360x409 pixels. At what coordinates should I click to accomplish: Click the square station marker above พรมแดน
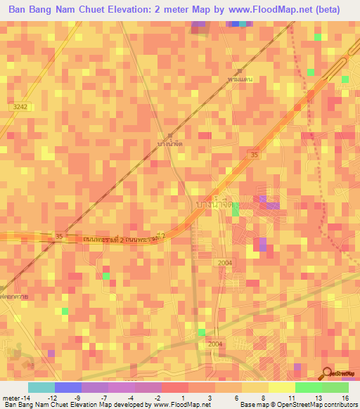pyautogui.click(x=239, y=72)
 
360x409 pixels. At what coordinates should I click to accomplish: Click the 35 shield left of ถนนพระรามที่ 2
pyautogui.click(x=59, y=236)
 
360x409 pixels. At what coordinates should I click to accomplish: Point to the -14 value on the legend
pyautogui.click(x=15, y=398)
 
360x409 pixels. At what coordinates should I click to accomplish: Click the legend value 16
pyautogui.click(x=345, y=398)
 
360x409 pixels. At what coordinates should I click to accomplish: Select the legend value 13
pyautogui.click(x=318, y=398)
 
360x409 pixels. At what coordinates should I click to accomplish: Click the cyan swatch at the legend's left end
pyautogui.click(x=41, y=387)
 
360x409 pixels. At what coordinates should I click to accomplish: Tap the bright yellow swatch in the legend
pyautogui.click(x=281, y=387)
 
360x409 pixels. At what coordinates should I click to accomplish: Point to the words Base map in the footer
pyautogui.click(x=254, y=405)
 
